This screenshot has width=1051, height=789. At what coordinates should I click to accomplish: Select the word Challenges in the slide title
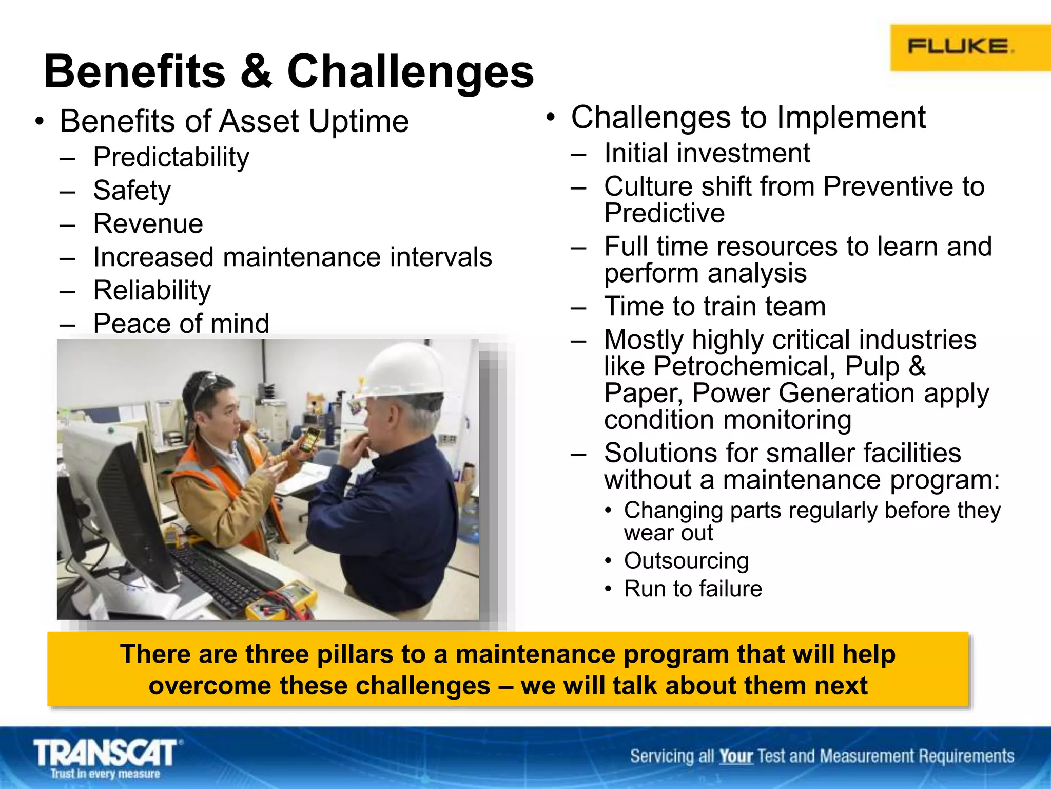coord(410,71)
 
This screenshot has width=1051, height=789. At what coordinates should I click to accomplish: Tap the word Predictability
coord(171,157)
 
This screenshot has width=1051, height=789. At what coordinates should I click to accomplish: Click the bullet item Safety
coord(132,191)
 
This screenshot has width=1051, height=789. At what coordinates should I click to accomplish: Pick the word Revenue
coord(148,224)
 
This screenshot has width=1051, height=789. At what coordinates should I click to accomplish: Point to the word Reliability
coord(152,291)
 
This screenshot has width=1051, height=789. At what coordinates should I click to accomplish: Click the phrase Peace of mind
coord(181,324)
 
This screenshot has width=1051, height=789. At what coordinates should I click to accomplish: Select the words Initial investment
coord(707,153)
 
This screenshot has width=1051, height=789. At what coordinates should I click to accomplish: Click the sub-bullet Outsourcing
coord(686,560)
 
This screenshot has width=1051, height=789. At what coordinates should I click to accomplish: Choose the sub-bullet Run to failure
coord(693,589)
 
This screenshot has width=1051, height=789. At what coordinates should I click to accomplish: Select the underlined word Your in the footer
coord(735,757)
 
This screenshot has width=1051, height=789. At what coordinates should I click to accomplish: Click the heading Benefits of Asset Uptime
coord(234,122)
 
